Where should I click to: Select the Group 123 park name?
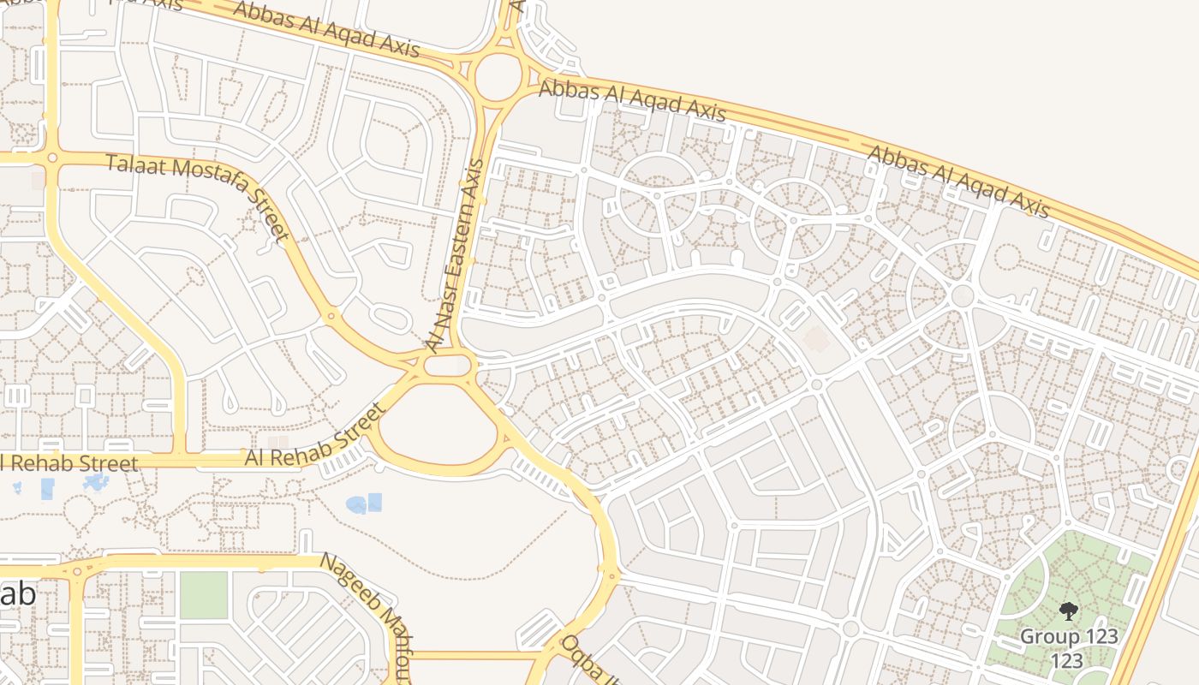(x=1068, y=636)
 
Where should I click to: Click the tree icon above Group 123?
(x=1068, y=611)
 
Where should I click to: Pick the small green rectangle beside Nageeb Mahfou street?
(x=204, y=594)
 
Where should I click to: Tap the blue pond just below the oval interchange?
(x=365, y=503)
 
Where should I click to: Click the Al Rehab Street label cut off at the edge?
(x=69, y=464)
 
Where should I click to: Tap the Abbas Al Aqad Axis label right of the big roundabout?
(x=632, y=101)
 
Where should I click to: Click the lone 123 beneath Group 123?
(x=1068, y=661)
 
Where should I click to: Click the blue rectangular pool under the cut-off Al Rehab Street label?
(x=47, y=489)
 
